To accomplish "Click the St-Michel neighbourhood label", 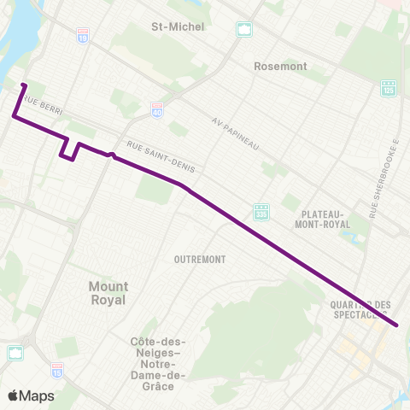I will (178, 26).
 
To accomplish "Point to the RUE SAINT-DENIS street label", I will (161, 158).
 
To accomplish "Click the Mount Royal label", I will (108, 293).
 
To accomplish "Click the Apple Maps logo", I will (31, 395).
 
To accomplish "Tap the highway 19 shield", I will (83, 36).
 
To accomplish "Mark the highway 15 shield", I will (57, 370).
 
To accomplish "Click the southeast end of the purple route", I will (397, 325).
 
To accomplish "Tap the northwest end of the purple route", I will (23, 85).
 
